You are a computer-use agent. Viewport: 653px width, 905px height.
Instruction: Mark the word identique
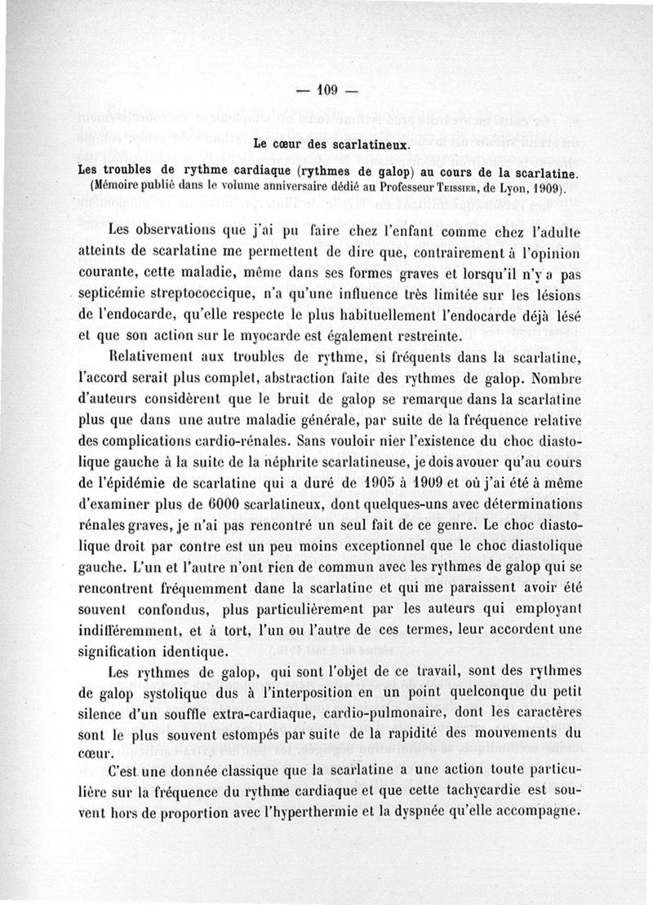pos(191,654)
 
